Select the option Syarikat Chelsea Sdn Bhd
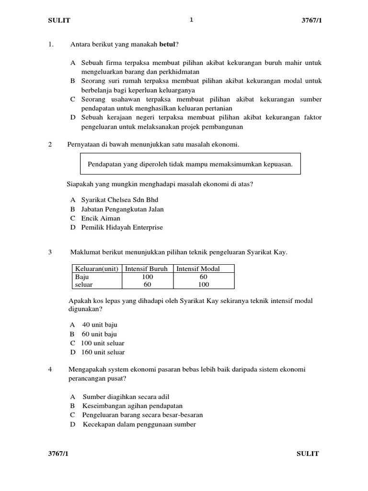pyautogui.click(x=119, y=199)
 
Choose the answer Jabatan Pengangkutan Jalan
pyautogui.click(x=122, y=209)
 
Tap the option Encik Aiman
pyautogui.click(x=101, y=218)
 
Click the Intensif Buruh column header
pyautogui.click(x=147, y=269)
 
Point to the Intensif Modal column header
pyautogui.click(x=198, y=269)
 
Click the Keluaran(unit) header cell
pyautogui.click(x=97, y=269)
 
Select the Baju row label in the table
pyautogui.click(x=82, y=277)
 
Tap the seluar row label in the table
pyautogui.click(x=84, y=284)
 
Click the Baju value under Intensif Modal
pyautogui.click(x=204, y=277)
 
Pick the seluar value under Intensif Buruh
pyautogui.click(x=147, y=284)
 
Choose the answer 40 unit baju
pyautogui.click(x=100, y=325)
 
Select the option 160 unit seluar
pyautogui.click(x=103, y=352)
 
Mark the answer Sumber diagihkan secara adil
pyautogui.click(x=126, y=397)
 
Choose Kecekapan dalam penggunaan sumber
pyautogui.click(x=139, y=424)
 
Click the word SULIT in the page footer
pyautogui.click(x=307, y=454)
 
